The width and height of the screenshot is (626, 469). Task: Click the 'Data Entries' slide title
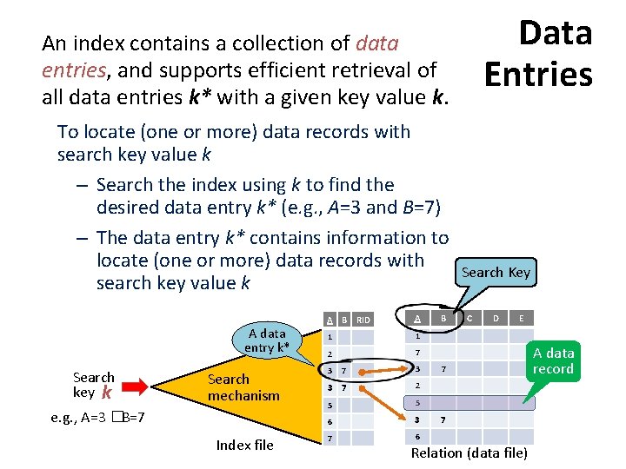pyautogui.click(x=539, y=54)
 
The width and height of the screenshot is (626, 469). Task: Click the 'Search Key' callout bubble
pyautogui.click(x=495, y=273)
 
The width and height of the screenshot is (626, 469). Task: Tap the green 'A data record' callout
pyautogui.click(x=554, y=360)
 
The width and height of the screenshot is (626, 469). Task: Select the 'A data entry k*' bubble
pyautogui.click(x=266, y=340)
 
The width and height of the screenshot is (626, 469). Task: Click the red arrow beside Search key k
pyautogui.click(x=137, y=385)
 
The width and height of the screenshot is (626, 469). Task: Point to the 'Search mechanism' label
pyautogui.click(x=243, y=387)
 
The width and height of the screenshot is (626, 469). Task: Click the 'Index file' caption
pyautogui.click(x=244, y=445)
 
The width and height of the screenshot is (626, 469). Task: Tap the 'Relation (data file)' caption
pyautogui.click(x=469, y=453)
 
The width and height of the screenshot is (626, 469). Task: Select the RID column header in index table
pyautogui.click(x=363, y=320)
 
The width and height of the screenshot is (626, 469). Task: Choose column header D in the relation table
pyautogui.click(x=496, y=319)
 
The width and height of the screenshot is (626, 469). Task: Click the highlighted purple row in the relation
pyautogui.click(x=469, y=403)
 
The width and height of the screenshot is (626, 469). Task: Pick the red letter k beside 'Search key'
pyautogui.click(x=108, y=393)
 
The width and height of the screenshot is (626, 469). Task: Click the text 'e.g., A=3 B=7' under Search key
pyautogui.click(x=97, y=418)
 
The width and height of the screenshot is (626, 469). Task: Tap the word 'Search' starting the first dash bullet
pyautogui.click(x=129, y=185)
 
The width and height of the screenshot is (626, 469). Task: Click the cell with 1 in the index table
pyautogui.click(x=330, y=337)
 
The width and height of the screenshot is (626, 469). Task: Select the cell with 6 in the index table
pyautogui.click(x=330, y=421)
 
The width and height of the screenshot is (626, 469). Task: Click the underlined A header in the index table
pyautogui.click(x=330, y=320)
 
